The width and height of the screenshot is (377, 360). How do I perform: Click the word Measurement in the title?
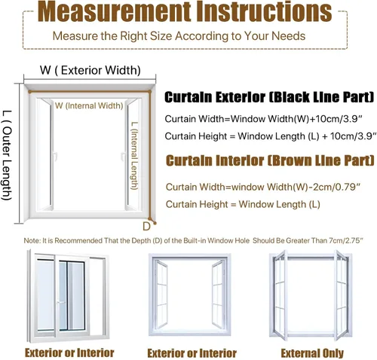click(114, 11)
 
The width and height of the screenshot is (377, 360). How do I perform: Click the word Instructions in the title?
click(264, 11)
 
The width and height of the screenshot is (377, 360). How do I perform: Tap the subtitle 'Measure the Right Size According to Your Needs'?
click(179, 36)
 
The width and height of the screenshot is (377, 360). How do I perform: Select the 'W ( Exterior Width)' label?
click(90, 70)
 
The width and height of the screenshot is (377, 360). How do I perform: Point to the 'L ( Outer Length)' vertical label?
click(7, 155)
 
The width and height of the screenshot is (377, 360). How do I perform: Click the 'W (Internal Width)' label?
click(89, 105)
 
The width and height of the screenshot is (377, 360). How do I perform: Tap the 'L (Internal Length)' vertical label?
click(135, 156)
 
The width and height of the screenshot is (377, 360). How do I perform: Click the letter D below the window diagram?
click(146, 227)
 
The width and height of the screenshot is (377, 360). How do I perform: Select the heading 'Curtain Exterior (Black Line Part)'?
click(269, 97)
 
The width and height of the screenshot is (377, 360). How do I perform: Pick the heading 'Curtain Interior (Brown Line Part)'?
click(270, 160)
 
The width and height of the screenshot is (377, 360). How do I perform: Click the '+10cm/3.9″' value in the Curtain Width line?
click(337, 118)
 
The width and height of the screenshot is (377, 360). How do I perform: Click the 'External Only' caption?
click(312, 353)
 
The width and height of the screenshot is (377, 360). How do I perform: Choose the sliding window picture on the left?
click(68, 296)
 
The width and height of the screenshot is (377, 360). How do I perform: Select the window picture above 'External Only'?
click(311, 295)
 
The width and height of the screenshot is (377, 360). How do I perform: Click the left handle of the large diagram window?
click(54, 157)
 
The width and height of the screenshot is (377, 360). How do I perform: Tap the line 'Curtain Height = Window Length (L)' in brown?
click(243, 204)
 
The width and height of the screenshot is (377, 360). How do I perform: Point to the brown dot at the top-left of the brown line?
click(30, 92)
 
